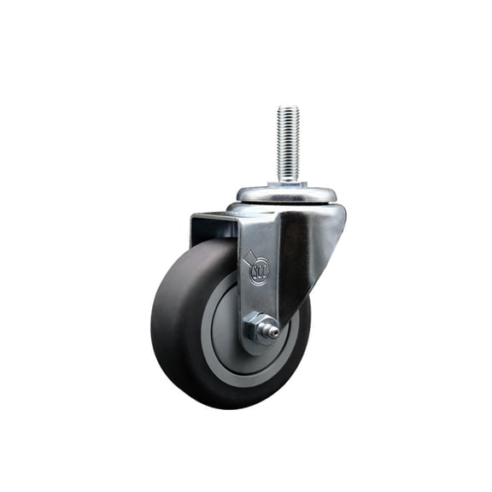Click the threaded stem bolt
coord(288,141)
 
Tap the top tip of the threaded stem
coord(288,108)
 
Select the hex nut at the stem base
coord(288,182)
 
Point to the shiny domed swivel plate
coord(286,193)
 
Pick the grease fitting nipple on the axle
coord(273,328)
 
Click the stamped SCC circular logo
coord(258,272)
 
